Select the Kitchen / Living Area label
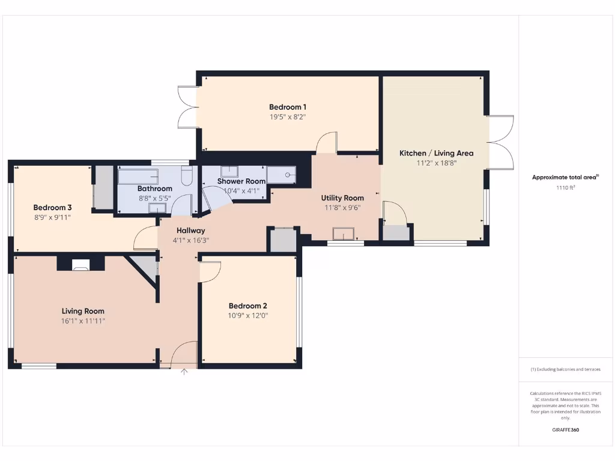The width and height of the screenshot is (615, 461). click(436, 153)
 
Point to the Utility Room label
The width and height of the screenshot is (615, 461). click(342, 197)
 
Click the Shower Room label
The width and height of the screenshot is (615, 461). click(241, 181)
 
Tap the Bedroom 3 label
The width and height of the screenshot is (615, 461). click(52, 207)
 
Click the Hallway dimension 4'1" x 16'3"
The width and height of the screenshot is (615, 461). click(191, 240)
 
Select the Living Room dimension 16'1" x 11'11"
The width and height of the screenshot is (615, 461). click(83, 321)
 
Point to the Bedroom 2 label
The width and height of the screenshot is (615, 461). click(248, 305)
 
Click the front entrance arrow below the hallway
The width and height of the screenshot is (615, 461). click(184, 372)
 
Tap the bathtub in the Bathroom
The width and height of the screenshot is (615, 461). click(138, 175)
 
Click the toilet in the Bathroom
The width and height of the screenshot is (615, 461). click(186, 175)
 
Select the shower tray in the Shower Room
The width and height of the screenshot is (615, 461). click(281, 175)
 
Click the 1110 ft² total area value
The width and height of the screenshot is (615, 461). click(565, 187)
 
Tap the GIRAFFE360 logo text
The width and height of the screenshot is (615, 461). click(565, 430)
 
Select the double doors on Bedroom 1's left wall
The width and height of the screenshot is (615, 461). click(188, 107)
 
